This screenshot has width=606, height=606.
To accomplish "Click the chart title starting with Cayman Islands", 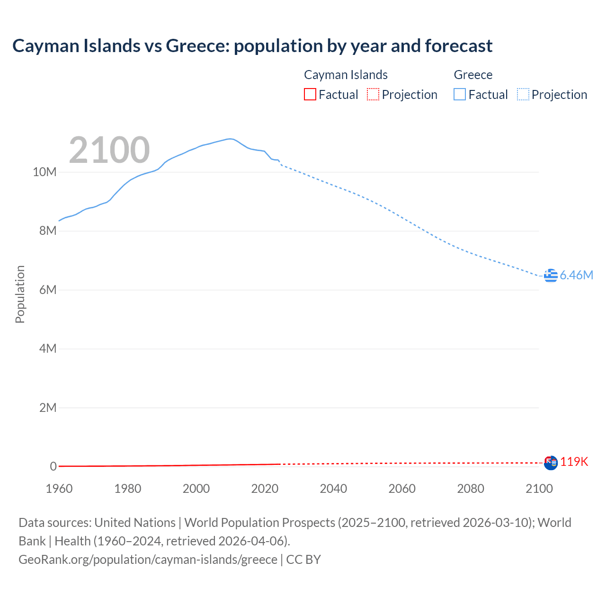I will pyautogui.click(x=252, y=46).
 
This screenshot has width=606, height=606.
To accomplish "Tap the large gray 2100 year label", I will pyautogui.click(x=109, y=150).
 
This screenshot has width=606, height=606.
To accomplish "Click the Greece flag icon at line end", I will pyautogui.click(x=551, y=275).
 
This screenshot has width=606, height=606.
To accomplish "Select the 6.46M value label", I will pyautogui.click(x=576, y=275).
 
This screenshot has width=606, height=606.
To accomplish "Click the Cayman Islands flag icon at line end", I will pyautogui.click(x=551, y=463).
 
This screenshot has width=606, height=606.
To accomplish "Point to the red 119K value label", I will pyautogui.click(x=574, y=462).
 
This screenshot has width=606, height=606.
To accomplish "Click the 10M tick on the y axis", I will pyautogui.click(x=45, y=172).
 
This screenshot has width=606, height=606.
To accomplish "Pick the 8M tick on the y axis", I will pyautogui.click(x=47, y=231).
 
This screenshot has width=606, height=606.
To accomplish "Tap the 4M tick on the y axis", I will pyautogui.click(x=47, y=349).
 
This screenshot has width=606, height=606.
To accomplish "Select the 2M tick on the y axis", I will pyautogui.click(x=47, y=408).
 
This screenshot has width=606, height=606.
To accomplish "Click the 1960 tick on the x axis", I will pyautogui.click(x=59, y=489).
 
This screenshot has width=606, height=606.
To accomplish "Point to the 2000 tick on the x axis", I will pyautogui.click(x=196, y=489).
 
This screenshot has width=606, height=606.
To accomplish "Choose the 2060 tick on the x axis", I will pyautogui.click(x=402, y=489).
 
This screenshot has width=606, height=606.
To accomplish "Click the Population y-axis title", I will pyautogui.click(x=20, y=294).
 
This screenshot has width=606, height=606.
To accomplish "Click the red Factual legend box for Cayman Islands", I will pyautogui.click(x=310, y=95).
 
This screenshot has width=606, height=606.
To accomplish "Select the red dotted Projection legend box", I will pyautogui.click(x=373, y=95).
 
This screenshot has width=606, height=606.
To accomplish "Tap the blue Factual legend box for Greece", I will pyautogui.click(x=460, y=95).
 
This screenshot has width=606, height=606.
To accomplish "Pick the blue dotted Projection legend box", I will pyautogui.click(x=523, y=95).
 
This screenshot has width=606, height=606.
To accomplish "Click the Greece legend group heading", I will pyautogui.click(x=473, y=75).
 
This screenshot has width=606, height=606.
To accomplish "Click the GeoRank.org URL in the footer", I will pyautogui.click(x=148, y=560).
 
